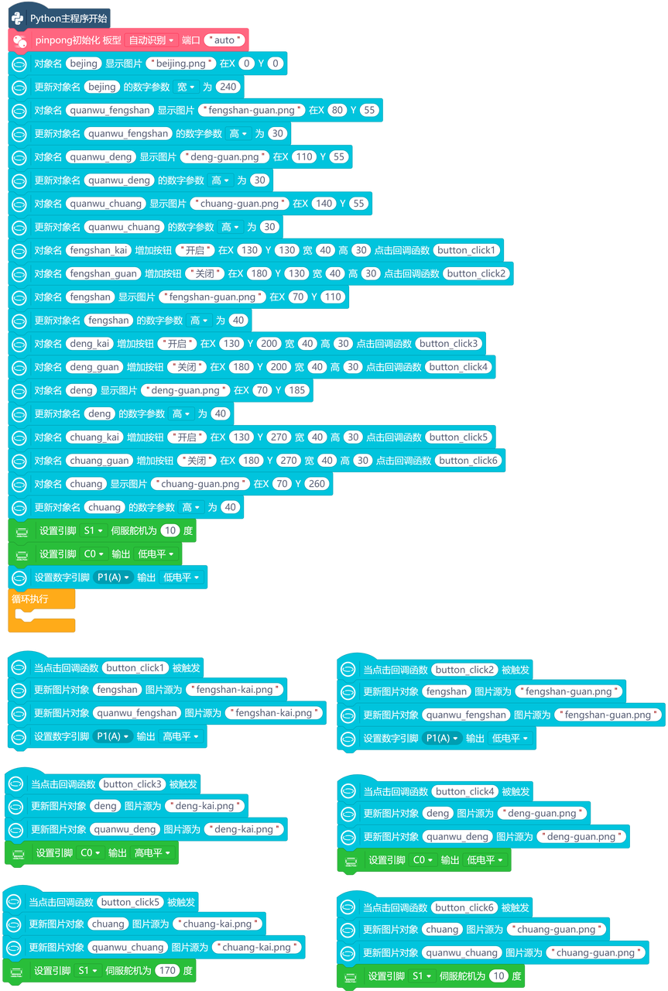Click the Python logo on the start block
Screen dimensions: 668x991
point(18,18)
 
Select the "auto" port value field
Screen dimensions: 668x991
point(224,40)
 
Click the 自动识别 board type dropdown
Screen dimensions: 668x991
point(151,40)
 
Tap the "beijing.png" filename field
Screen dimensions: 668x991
point(181,63)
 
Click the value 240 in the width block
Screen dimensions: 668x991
point(228,87)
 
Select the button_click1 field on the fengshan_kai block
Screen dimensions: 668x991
point(466,250)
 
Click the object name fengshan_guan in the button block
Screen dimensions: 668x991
point(104,274)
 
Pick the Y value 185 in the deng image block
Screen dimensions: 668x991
point(296,390)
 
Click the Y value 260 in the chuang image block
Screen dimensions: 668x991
point(317,484)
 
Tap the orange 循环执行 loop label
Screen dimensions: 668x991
point(29,599)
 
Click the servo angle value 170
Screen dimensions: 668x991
point(167,971)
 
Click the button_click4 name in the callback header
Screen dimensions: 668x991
point(464,791)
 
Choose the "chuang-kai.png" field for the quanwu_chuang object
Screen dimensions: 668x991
point(256,947)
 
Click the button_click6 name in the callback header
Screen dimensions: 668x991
point(464,908)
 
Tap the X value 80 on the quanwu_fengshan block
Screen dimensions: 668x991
point(337,110)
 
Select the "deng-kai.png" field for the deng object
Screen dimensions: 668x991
point(204,806)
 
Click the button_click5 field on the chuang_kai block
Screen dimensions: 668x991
point(458,437)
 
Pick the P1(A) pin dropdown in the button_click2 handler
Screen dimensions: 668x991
point(441,739)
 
